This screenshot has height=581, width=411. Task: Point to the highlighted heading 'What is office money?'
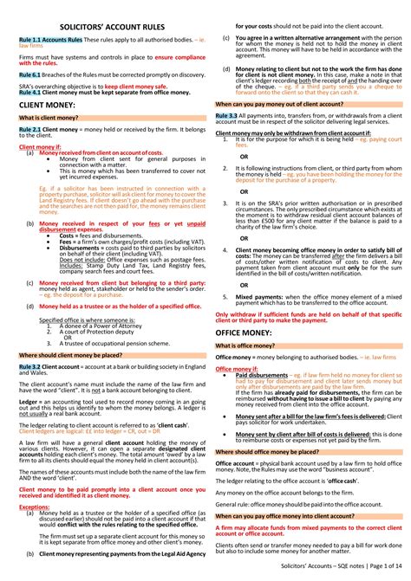pos(251,345)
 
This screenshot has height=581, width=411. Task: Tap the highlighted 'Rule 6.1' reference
pos(29,75)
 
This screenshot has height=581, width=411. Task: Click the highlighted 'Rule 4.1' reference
pos(29,92)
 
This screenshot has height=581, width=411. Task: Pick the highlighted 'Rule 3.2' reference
pos(30,367)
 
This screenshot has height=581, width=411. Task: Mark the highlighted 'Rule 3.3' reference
pos(226,114)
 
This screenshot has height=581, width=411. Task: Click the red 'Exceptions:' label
pos(34,507)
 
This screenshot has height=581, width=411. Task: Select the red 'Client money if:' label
pos(38,147)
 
